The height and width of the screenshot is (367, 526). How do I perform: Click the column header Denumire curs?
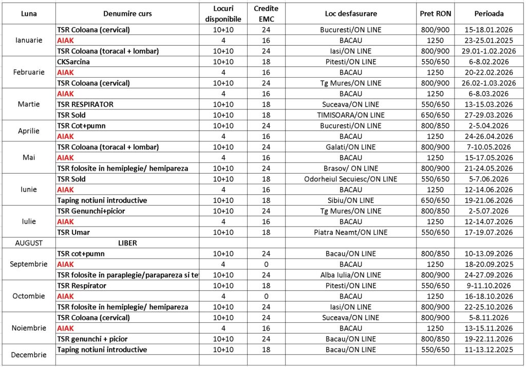coord(127,13)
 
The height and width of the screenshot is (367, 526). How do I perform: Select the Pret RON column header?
coord(435,13)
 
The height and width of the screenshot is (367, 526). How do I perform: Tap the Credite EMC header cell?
coord(266,13)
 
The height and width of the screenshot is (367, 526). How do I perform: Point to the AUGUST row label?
coord(29,243)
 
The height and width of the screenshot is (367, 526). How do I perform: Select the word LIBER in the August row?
coord(127,243)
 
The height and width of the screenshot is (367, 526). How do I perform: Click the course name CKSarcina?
coord(73,62)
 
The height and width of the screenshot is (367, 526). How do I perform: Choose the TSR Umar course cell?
coord(73,232)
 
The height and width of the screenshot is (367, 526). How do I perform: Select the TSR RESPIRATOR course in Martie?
coord(85,104)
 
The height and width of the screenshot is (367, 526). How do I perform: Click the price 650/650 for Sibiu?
coord(435,200)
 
